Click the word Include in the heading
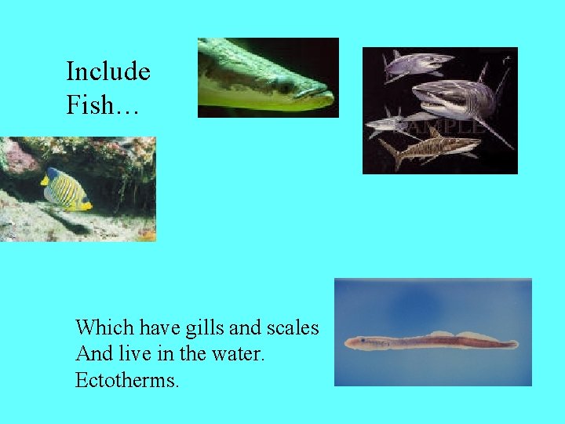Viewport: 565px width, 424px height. click(x=108, y=72)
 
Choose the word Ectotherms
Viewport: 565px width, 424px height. click(x=127, y=381)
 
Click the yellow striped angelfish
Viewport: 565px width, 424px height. click(x=64, y=188)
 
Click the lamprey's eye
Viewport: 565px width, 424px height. click(x=362, y=341)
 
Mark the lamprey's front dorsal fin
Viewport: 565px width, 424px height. click(x=439, y=334)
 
